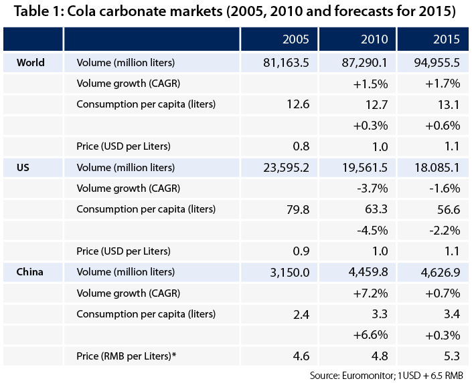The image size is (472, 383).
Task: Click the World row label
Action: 30,63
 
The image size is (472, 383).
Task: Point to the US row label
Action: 22,167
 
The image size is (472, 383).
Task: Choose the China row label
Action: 30,271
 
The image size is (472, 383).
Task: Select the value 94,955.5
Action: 429,63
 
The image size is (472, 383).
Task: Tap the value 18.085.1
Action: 429,167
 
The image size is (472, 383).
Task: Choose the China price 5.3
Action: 450,335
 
